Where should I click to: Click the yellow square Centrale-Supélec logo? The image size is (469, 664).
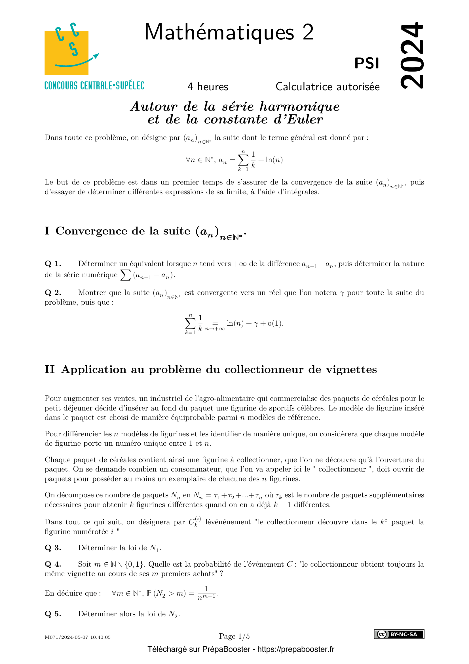pyautogui.click(x=66, y=53)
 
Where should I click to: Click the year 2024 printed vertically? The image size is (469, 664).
pyautogui.click(x=412, y=55)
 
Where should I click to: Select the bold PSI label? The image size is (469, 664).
pyautogui.click(x=366, y=63)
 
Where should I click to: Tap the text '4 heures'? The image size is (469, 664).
pyautogui.click(x=208, y=87)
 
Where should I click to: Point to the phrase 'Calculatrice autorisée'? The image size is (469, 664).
pyautogui.click(x=328, y=87)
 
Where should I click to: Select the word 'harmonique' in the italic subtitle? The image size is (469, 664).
pyautogui.click(x=299, y=107)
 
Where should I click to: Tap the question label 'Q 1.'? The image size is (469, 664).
pyautogui.click(x=52, y=264)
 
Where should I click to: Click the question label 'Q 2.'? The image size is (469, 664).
pyautogui.click(x=52, y=293)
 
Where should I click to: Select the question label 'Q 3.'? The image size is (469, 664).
pyautogui.click(x=52, y=548)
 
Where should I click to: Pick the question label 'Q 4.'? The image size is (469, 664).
pyautogui.click(x=52, y=564)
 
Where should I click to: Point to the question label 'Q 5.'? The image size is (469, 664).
pyautogui.click(x=52, y=614)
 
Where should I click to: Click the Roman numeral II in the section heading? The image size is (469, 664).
pyautogui.click(x=49, y=370)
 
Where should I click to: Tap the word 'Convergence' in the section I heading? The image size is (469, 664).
pyautogui.click(x=91, y=231)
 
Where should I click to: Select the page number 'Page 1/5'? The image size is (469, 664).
pyautogui.click(x=234, y=636)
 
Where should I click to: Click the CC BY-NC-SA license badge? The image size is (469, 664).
pyautogui.click(x=399, y=634)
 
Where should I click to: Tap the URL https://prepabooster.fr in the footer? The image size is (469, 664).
pyautogui.click(x=295, y=649)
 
